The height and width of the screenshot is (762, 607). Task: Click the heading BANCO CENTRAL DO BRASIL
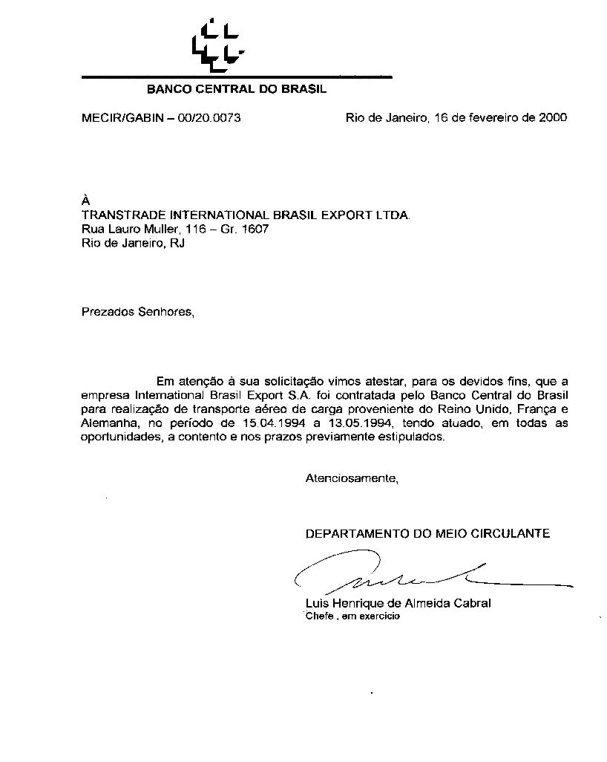click(237, 90)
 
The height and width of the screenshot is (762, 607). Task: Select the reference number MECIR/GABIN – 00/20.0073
click(160, 118)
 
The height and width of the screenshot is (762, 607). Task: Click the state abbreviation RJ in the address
click(177, 244)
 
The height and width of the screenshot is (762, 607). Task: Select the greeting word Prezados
click(107, 312)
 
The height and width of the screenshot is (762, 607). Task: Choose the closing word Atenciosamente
click(352, 478)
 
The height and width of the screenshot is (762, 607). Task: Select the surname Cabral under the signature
click(472, 603)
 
